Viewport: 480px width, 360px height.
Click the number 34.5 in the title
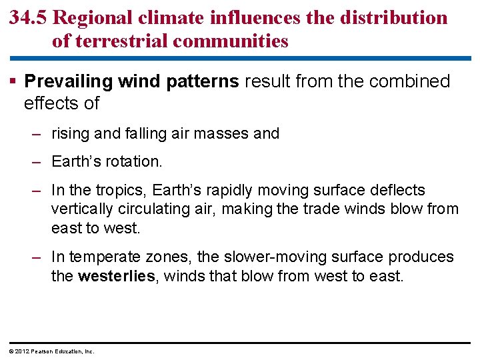coord(28,17)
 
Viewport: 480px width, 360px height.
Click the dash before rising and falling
coord(39,133)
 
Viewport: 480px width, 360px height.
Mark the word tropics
coord(125,191)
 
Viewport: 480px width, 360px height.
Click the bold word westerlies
coord(116,275)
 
